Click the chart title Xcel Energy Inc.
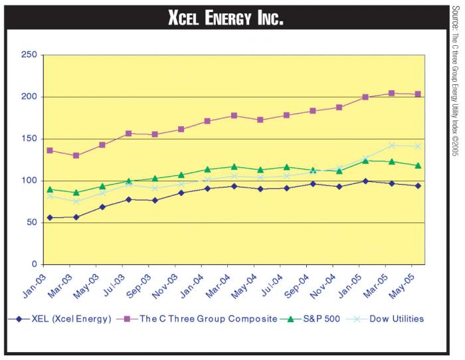[226, 18]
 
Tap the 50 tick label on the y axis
[29, 223]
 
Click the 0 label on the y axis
[32, 265]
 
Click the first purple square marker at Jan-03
[50, 151]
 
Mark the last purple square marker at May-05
[417, 94]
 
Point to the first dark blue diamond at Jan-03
[50, 218]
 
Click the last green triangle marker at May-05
[417, 165]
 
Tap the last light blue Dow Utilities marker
[417, 146]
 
